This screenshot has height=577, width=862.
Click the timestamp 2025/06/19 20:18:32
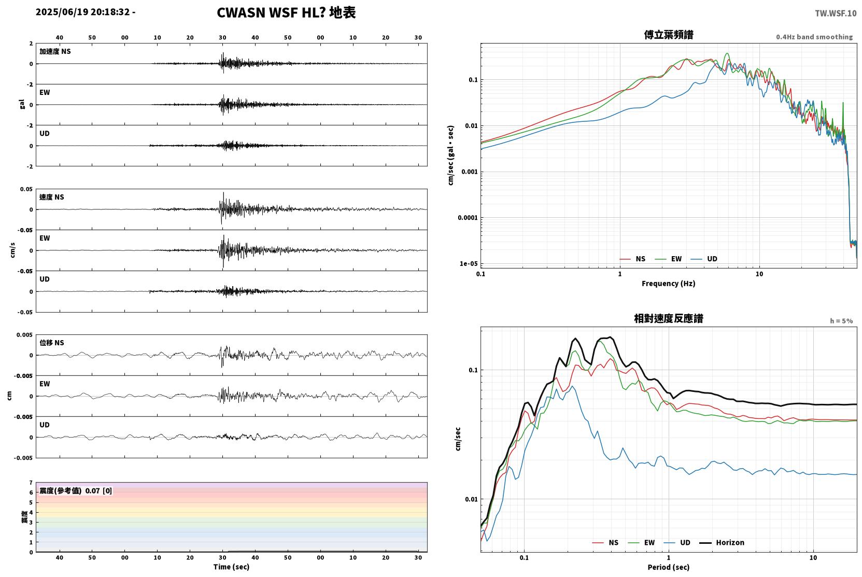tap(83, 12)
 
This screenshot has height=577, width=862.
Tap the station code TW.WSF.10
tap(836, 13)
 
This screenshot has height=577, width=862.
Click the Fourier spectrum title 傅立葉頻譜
tap(669, 35)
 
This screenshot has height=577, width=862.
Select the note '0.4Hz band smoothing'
tap(814, 37)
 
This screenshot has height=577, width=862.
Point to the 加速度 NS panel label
tap(55, 51)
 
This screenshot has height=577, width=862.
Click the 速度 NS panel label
tap(51, 197)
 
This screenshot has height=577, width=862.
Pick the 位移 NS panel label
tap(51, 343)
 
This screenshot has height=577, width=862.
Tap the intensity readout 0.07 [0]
tap(98, 491)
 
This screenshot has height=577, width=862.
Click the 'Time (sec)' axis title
tap(231, 567)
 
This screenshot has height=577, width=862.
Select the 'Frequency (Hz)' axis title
tap(669, 284)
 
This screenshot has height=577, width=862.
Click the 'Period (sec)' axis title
tap(669, 567)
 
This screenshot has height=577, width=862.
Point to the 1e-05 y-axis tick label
tap(469, 264)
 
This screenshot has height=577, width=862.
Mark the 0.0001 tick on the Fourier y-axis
tap(468, 218)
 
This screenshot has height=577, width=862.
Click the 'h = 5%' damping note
tap(841, 321)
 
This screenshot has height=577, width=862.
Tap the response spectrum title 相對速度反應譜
tap(669, 318)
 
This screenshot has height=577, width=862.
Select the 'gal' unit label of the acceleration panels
tap(22, 104)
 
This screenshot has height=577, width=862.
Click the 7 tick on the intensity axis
tap(31, 482)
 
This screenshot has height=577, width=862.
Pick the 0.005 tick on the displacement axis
tap(25, 335)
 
